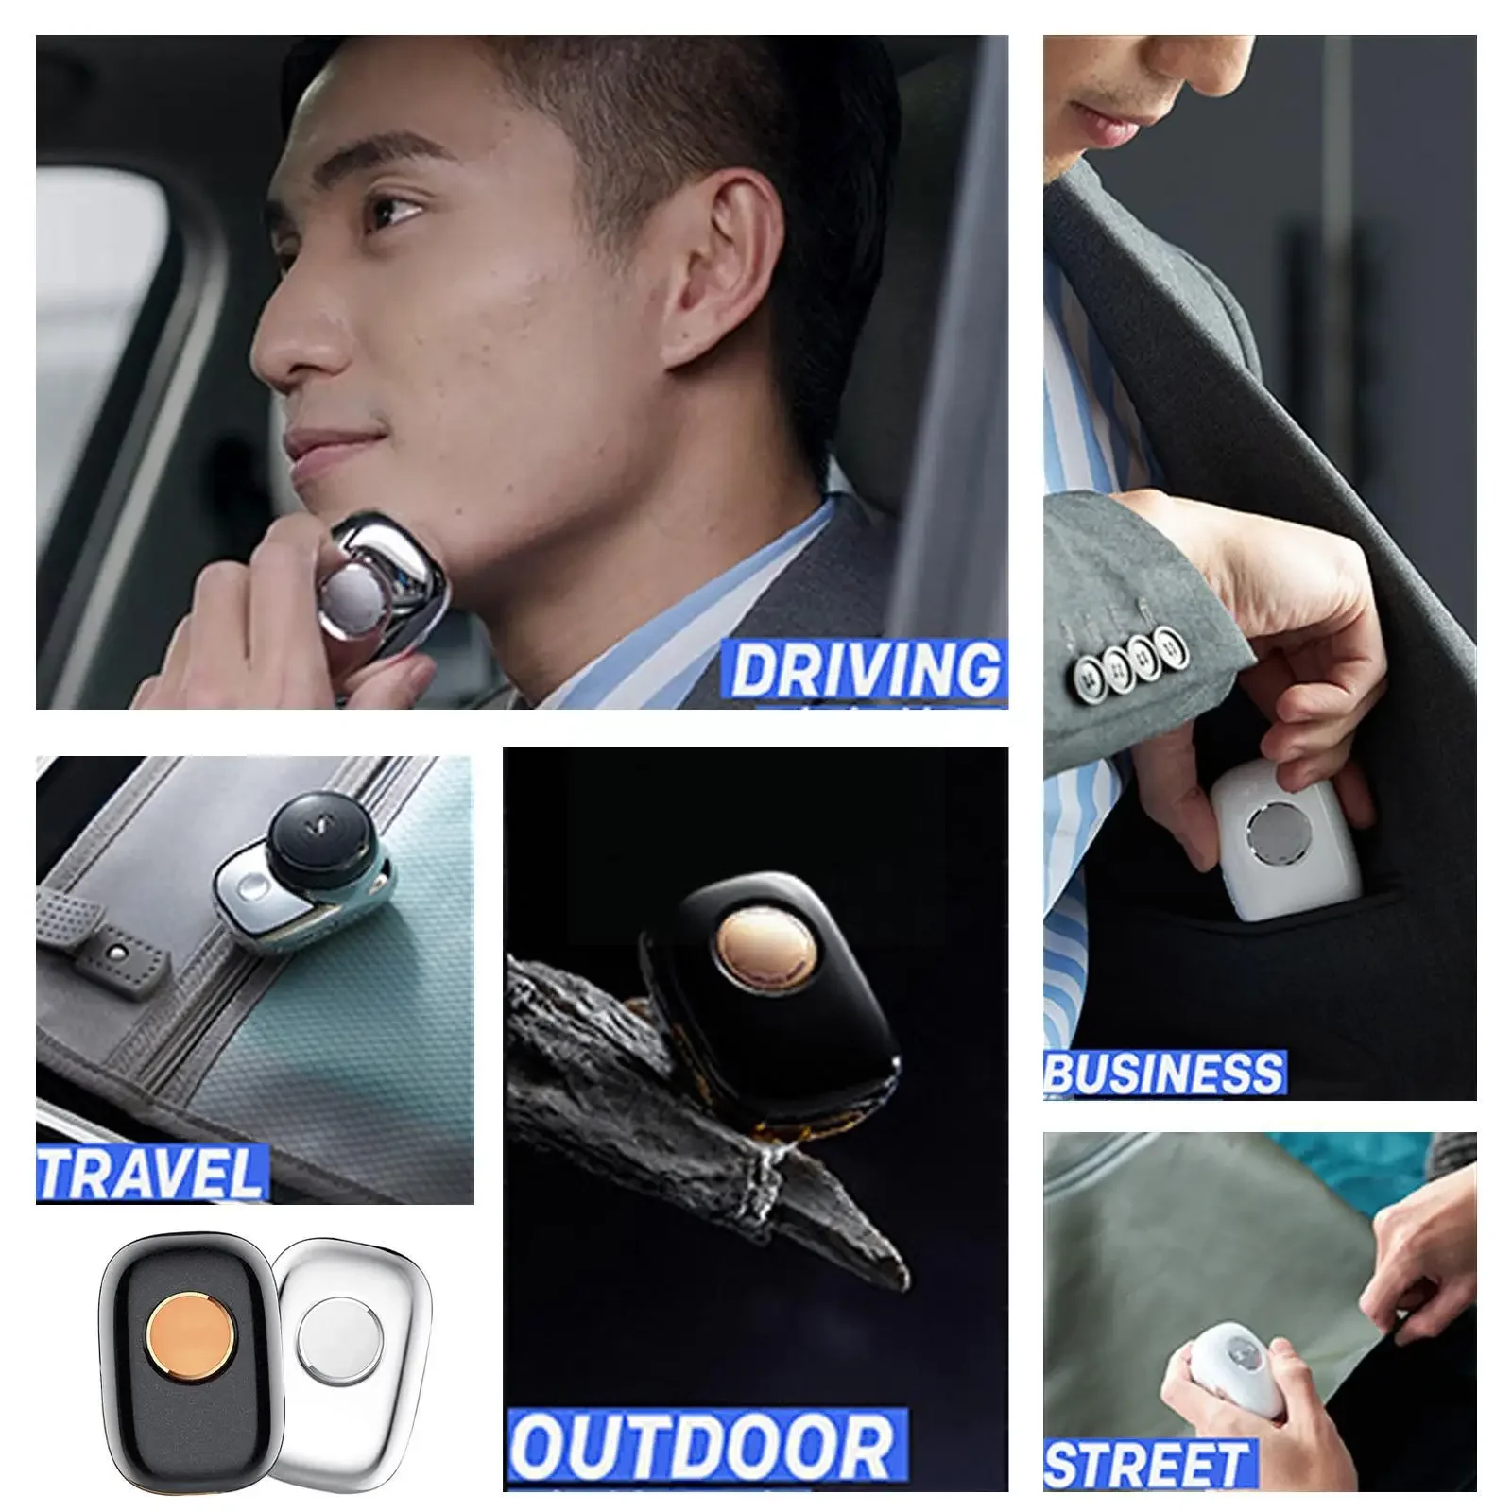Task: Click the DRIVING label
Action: click(x=865, y=670)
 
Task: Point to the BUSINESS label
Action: click(x=1164, y=1074)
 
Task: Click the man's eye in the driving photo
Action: click(x=395, y=207)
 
